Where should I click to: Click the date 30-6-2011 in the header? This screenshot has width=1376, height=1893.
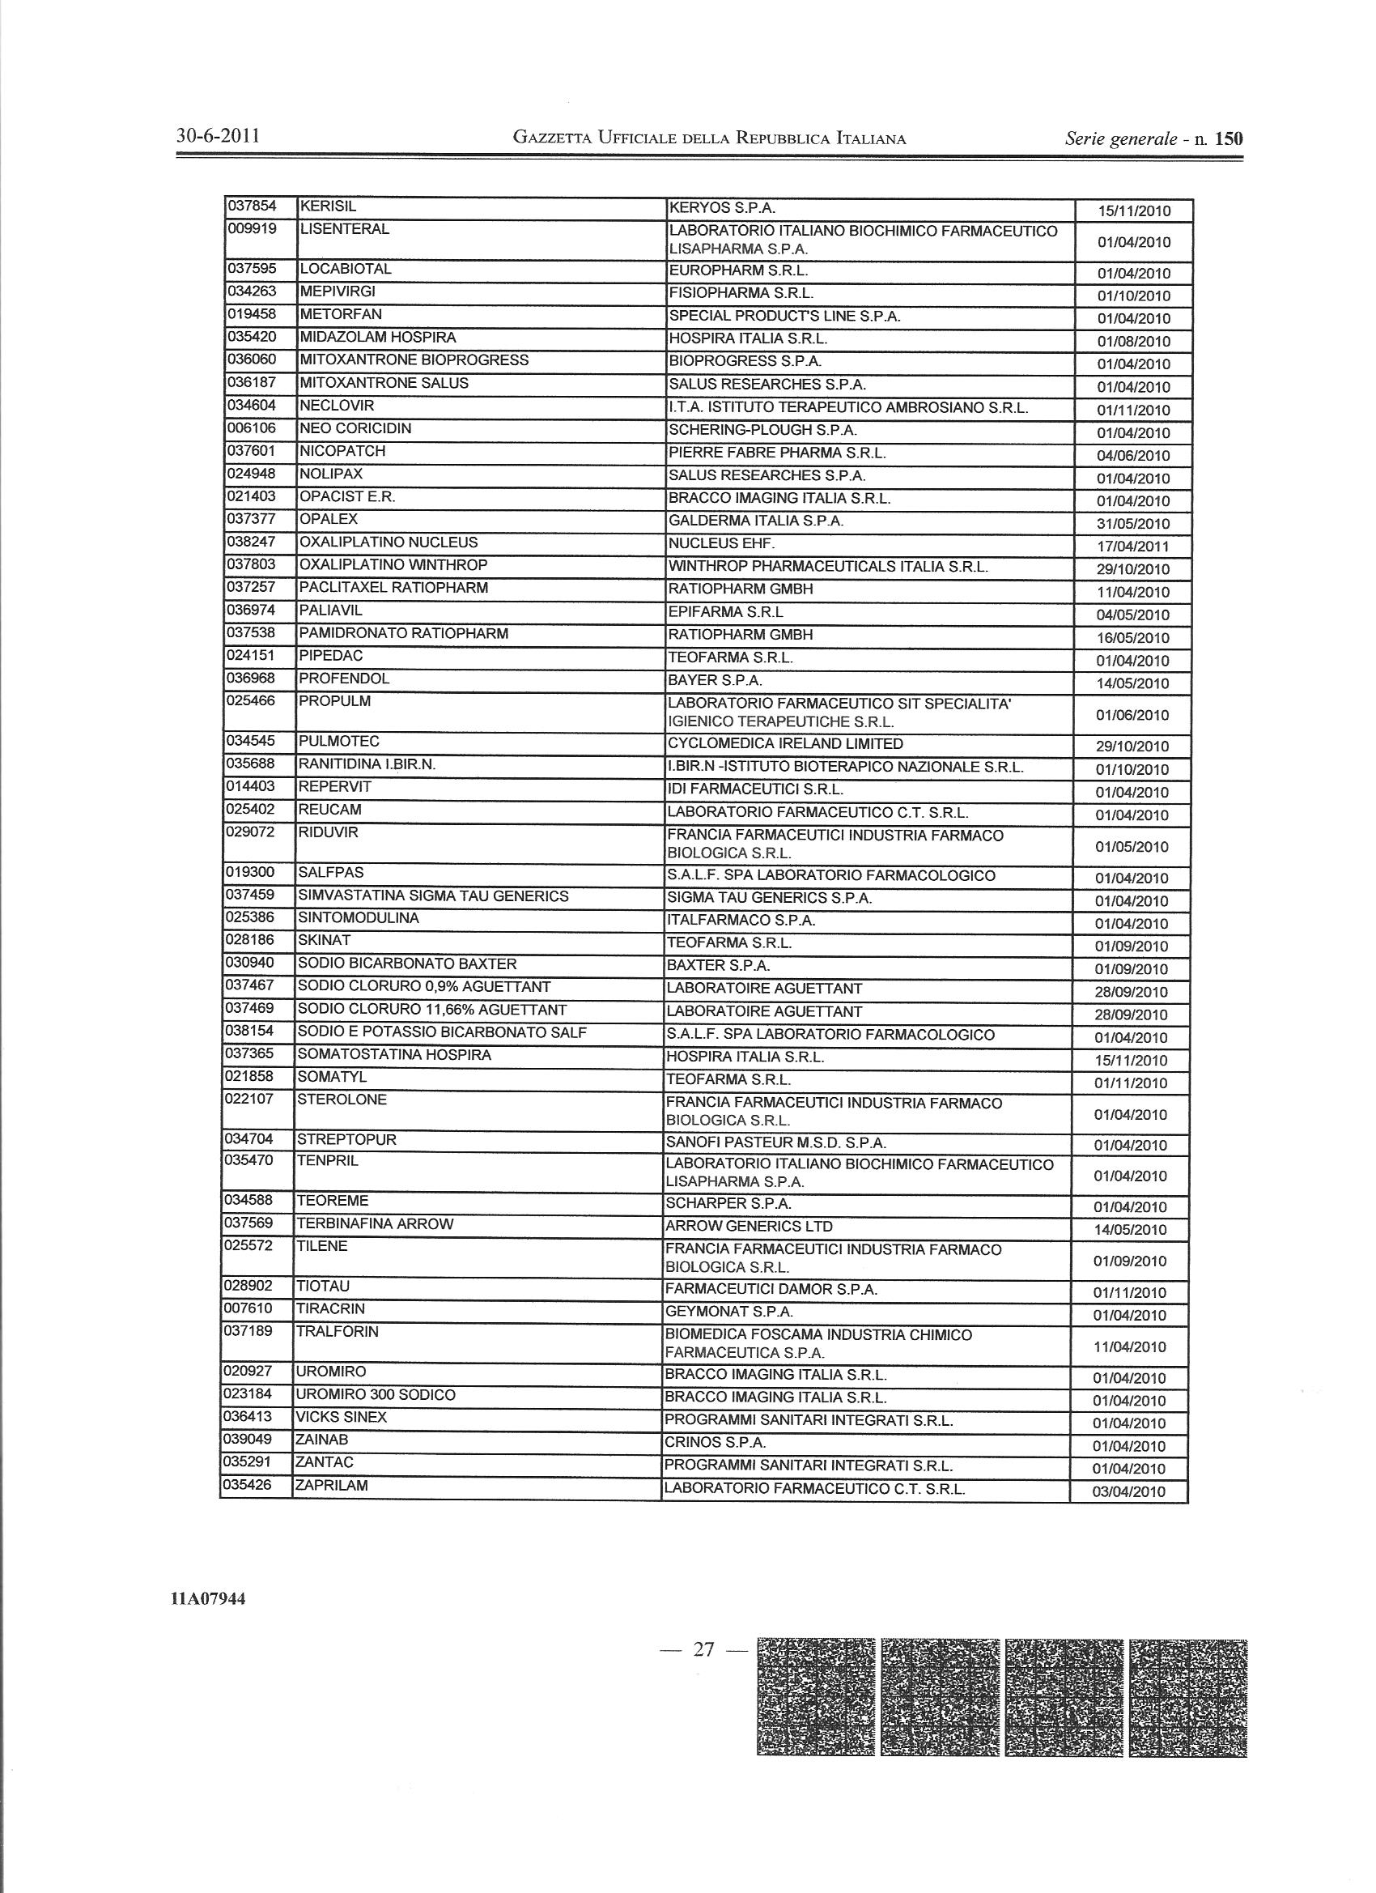(219, 136)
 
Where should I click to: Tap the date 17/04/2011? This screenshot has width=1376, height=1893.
(1133, 547)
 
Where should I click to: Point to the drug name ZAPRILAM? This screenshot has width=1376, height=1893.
(331, 1485)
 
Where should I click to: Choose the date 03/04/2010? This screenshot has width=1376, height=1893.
(1129, 1491)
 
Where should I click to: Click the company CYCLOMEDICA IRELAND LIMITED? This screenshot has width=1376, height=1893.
(785, 742)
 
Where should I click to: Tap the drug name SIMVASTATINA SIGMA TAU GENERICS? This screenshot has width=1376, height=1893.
(434, 895)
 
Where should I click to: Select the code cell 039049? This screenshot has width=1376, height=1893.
(248, 1439)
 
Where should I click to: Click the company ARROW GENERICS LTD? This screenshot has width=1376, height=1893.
(750, 1226)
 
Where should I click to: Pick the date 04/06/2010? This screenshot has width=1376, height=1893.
(1133, 456)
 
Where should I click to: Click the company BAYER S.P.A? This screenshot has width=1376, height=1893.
(716, 680)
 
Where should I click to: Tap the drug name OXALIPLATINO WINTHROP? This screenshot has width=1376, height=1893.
(393, 565)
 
